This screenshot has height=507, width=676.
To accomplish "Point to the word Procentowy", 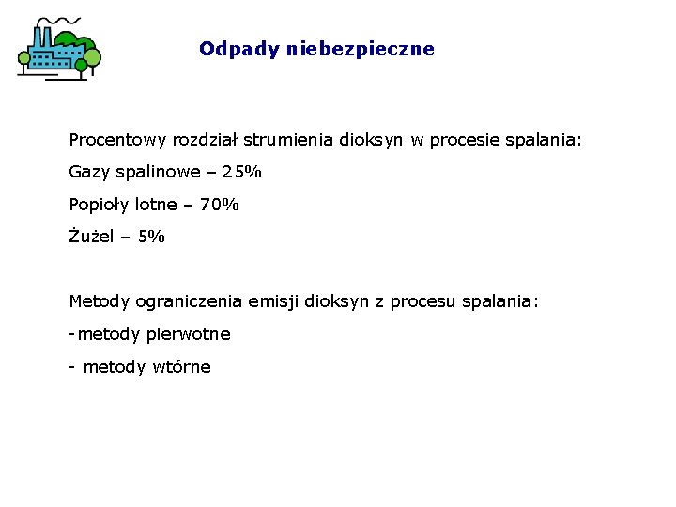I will tap(117, 140).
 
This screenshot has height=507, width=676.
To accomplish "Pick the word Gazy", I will tap(88, 172).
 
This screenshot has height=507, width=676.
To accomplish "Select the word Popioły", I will tap(100, 205).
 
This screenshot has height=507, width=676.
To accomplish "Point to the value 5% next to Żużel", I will tap(151, 237).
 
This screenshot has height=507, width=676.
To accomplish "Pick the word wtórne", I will tap(181, 367).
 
